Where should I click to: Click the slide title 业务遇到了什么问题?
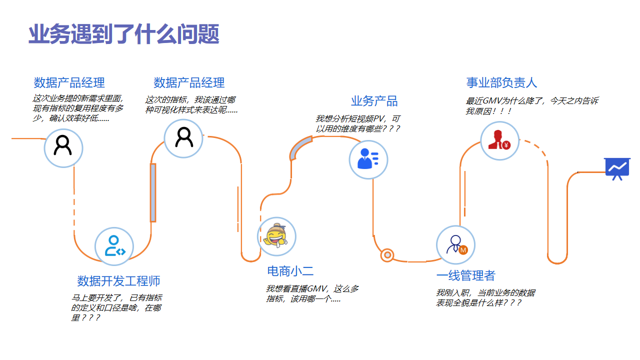[124, 35]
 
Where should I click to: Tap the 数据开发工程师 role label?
[118, 281]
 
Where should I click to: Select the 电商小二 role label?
[290, 271]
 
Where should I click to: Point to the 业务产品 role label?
[374, 101]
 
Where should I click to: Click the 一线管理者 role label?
[466, 274]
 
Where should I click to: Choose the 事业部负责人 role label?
[501, 82]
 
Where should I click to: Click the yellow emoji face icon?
[274, 236]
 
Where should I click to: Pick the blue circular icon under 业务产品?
[367, 158]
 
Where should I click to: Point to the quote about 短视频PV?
[357, 124]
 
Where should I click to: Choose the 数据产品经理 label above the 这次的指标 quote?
[189, 82]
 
